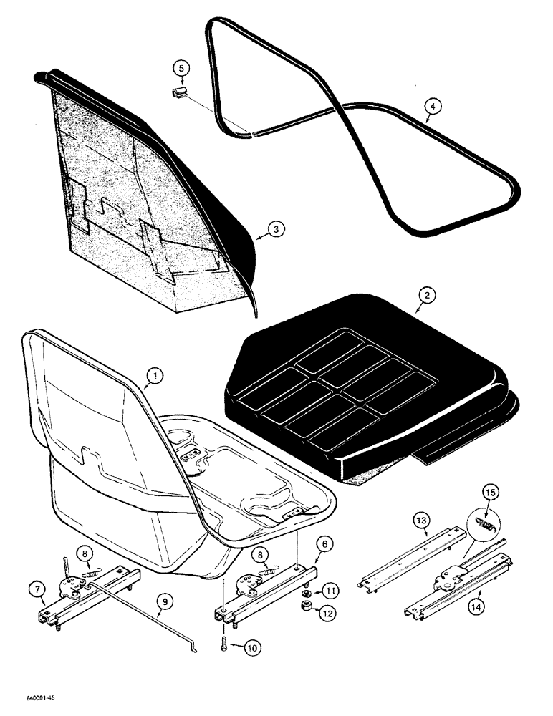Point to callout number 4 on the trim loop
(431, 107)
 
